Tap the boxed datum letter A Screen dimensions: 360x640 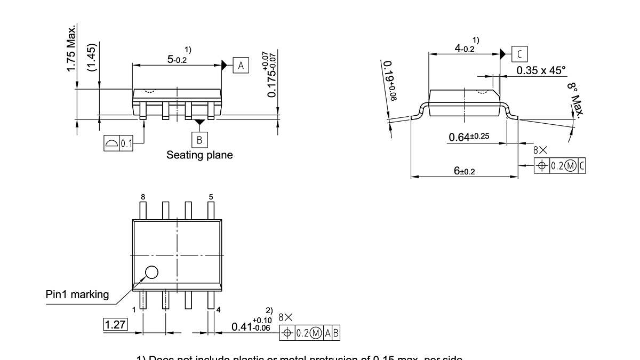point(241,66)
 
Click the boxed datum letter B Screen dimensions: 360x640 point(199,140)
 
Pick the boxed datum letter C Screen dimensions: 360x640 point(519,53)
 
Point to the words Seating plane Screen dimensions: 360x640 point(199,155)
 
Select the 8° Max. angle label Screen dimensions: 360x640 point(575,99)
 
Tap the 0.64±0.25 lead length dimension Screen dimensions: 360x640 point(468,137)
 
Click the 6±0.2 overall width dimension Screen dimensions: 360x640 point(464,171)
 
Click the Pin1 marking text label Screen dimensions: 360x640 point(77,294)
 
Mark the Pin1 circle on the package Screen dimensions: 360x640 point(151,272)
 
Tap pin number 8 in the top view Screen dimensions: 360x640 point(142,197)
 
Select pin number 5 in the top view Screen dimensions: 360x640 point(211,197)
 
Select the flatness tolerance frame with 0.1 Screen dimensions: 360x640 point(118,143)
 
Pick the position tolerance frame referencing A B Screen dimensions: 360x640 point(309,333)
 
